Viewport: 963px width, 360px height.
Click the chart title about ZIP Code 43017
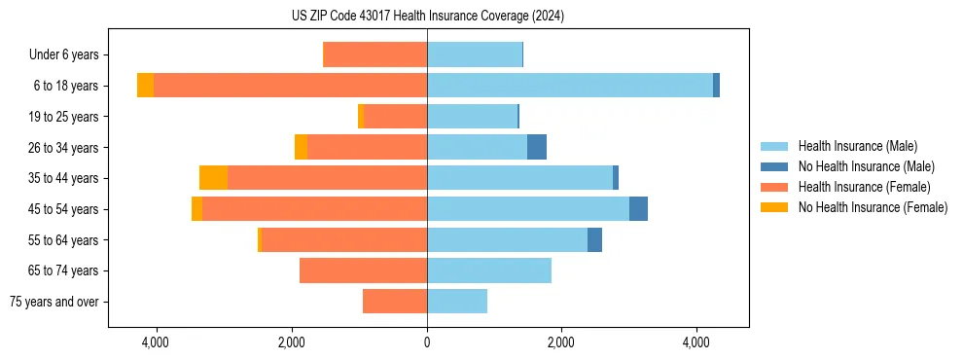coord(427,17)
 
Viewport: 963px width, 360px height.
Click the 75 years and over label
coord(53,302)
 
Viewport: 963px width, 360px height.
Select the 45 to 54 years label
coord(64,209)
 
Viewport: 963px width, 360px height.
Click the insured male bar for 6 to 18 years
coord(569,86)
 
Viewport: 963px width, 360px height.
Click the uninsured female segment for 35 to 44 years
coord(213,178)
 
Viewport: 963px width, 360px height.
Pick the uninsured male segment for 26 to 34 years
coord(536,147)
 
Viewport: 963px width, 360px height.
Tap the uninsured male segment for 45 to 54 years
coord(638,209)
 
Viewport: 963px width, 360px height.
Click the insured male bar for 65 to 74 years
coord(489,270)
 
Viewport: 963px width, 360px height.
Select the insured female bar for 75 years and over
coord(395,302)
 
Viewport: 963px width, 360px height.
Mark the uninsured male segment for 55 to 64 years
coord(594,239)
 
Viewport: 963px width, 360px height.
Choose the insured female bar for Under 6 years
coord(374,55)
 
